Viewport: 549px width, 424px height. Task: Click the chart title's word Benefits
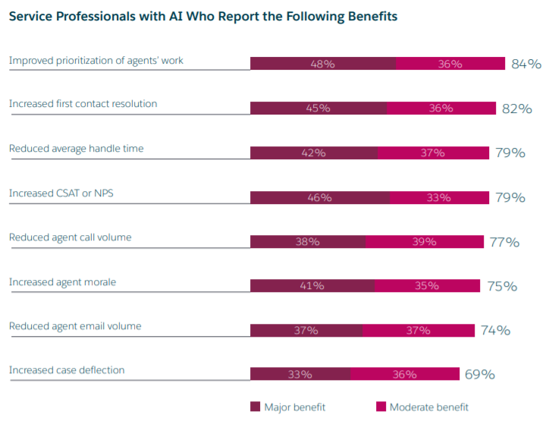click(370, 15)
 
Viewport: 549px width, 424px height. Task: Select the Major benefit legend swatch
click(256, 407)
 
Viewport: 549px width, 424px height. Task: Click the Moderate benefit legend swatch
click(381, 407)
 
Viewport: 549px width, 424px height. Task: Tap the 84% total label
click(526, 64)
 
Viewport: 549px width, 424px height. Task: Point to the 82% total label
click(517, 108)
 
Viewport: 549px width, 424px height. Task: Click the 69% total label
click(480, 374)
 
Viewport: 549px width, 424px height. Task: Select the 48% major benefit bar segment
click(323, 64)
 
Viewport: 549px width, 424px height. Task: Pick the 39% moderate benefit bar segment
click(425, 242)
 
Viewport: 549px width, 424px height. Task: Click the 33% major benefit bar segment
click(300, 374)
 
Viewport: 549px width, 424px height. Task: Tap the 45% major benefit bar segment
click(318, 108)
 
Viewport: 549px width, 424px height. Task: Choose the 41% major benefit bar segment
click(312, 286)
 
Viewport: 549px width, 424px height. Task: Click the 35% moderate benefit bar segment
click(427, 286)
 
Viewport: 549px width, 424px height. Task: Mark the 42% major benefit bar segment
click(314, 152)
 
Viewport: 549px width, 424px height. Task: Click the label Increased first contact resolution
click(83, 104)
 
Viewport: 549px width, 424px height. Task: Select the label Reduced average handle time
click(77, 149)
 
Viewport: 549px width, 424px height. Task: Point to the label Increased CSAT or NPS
click(61, 193)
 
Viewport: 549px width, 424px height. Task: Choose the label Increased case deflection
click(67, 370)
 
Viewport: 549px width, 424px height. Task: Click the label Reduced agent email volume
click(75, 326)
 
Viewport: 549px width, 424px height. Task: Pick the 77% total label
click(504, 242)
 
